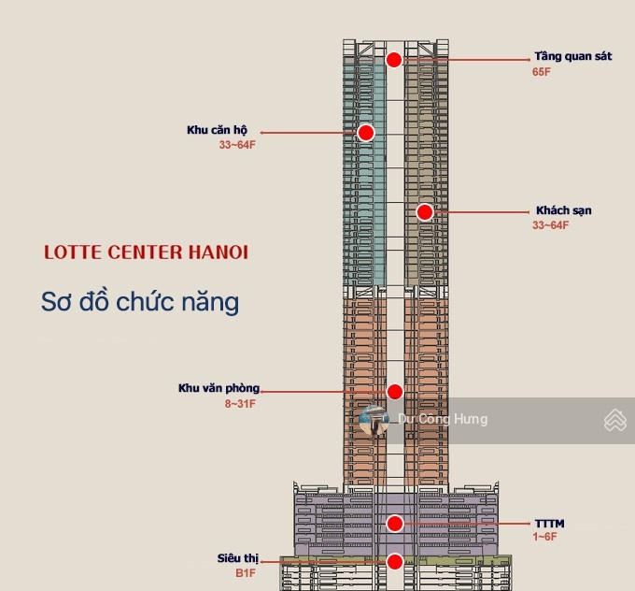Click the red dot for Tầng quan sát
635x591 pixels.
tap(394, 60)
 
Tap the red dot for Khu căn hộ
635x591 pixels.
tap(366, 133)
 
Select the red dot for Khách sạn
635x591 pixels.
tap(425, 212)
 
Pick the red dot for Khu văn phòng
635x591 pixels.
tap(395, 391)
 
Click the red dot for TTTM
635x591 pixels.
tap(395, 524)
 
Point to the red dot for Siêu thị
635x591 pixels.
tap(395, 562)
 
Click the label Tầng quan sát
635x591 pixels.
tap(573, 56)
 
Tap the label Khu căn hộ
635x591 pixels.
tap(217, 130)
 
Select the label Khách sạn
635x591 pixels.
tap(564, 210)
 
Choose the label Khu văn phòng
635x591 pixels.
tap(219, 388)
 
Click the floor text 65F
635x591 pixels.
tap(543, 72)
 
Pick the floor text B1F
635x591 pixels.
tap(245, 572)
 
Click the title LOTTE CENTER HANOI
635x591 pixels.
tap(147, 252)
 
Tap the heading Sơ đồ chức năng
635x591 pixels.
tap(140, 302)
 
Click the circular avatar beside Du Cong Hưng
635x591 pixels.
tap(374, 420)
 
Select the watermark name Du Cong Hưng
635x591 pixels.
tap(443, 419)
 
